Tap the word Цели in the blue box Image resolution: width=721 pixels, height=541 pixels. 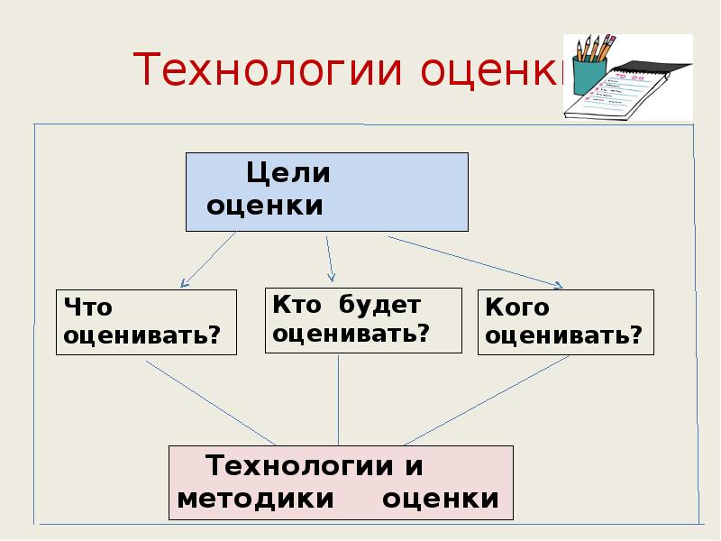click(x=289, y=173)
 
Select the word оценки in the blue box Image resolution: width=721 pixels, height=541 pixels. click(x=265, y=206)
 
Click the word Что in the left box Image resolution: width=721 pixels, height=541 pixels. click(x=87, y=308)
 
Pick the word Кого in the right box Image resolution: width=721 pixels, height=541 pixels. click(x=516, y=308)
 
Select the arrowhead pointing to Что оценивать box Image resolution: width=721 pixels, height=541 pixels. click(x=183, y=283)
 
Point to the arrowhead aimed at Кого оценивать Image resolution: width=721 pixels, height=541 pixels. click(x=557, y=285)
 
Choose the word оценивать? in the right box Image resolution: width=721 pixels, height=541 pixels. click(x=564, y=337)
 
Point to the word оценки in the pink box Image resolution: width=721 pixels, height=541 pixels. click(x=441, y=499)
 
